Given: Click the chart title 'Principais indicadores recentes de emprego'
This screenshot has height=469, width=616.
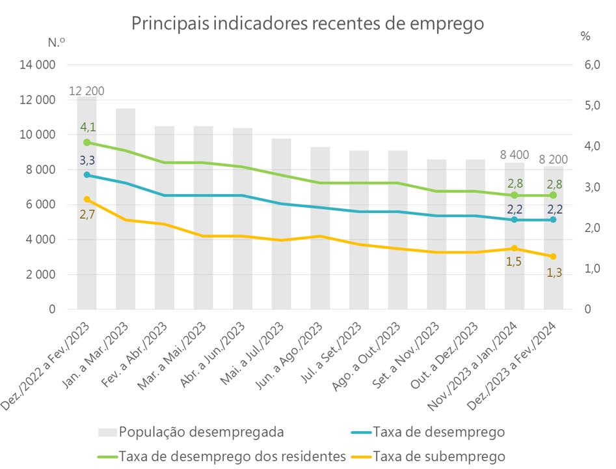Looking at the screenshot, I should tap(308, 23).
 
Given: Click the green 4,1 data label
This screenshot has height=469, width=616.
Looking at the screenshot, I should tap(88, 128).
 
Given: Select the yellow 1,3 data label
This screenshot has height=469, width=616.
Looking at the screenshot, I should tap(554, 274).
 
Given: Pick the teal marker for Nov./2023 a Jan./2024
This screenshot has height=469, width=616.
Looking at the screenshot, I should tap(515, 220).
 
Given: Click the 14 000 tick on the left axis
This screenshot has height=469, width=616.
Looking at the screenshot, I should tap(38, 65).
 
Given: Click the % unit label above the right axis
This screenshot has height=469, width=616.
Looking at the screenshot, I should tap(585, 37).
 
